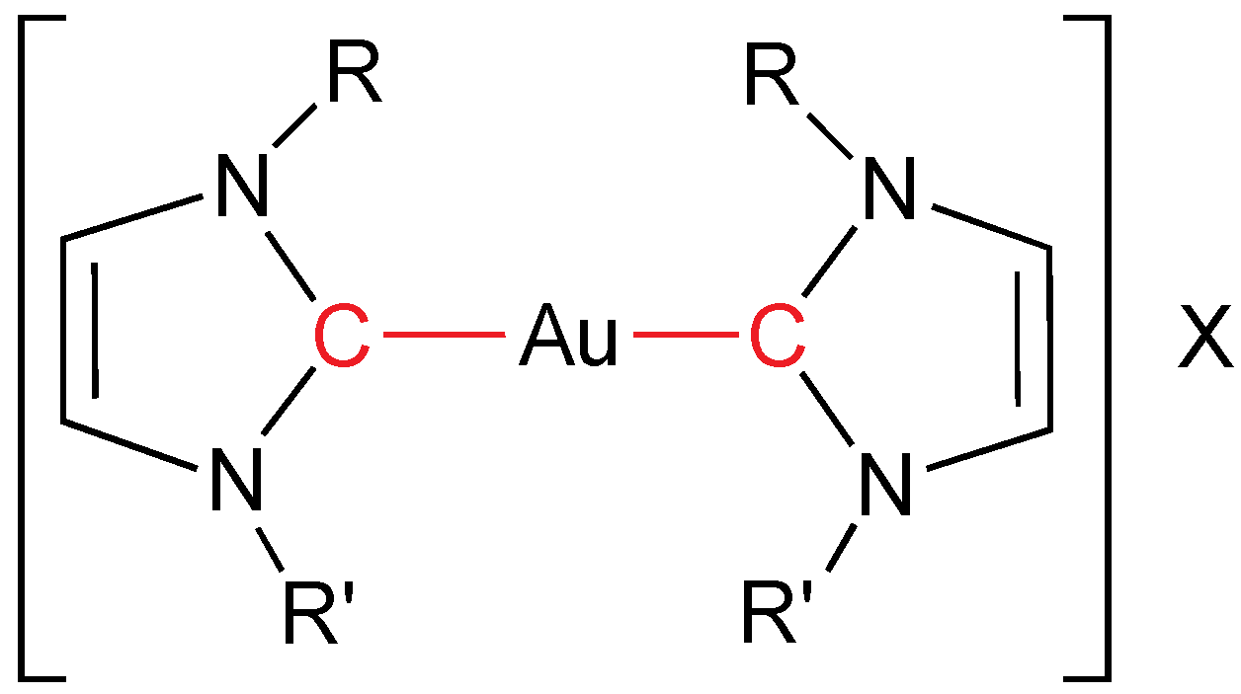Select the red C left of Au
click(342, 337)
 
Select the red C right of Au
click(777, 337)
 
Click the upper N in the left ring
click(239, 189)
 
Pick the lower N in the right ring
click(885, 483)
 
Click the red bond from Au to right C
click(686, 337)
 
